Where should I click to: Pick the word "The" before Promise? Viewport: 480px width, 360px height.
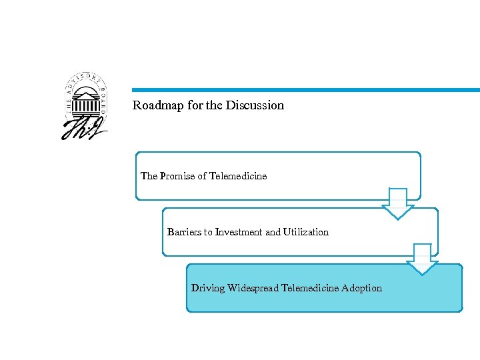point(149,176)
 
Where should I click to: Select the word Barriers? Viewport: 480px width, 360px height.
point(185,232)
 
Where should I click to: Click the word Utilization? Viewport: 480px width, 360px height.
point(306,232)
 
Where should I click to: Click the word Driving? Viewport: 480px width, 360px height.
point(208,288)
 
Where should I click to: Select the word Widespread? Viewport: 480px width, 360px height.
point(253,288)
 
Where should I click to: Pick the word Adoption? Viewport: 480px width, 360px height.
point(362,288)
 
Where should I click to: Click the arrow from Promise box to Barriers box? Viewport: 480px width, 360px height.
point(398,204)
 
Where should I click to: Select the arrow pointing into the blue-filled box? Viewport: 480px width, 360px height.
point(422,259)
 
